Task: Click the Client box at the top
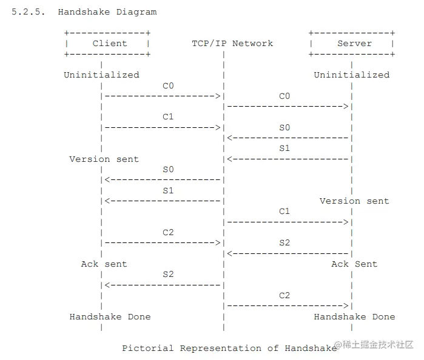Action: pyautogui.click(x=107, y=44)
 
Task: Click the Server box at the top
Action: pyautogui.click(x=352, y=44)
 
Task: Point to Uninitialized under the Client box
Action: pyautogui.click(x=101, y=75)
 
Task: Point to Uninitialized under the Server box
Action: pyautogui.click(x=351, y=75)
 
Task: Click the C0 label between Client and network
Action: pyautogui.click(x=168, y=86)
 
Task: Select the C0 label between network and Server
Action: pyautogui.click(x=284, y=96)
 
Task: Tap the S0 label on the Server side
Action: pyautogui.click(x=284, y=128)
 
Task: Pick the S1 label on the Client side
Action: pyautogui.click(x=168, y=190)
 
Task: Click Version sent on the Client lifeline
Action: pyautogui.click(x=104, y=159)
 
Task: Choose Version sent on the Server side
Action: pyautogui.click(x=354, y=201)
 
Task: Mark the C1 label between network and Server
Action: pyautogui.click(x=284, y=212)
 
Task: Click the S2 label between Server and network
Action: pyautogui.click(x=284, y=243)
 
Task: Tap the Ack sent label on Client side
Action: pyautogui.click(x=104, y=264)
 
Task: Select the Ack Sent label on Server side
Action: pyautogui.click(x=354, y=264)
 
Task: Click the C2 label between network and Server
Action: pyautogui.click(x=284, y=296)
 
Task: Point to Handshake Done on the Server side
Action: pyautogui.click(x=354, y=317)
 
